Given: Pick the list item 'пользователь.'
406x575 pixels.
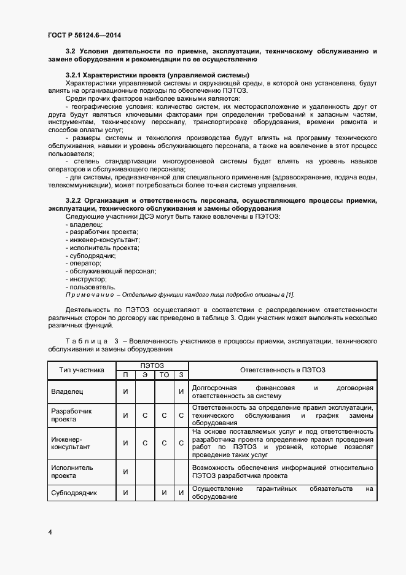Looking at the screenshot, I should click(90, 286).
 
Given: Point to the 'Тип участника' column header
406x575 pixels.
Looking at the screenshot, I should click(82, 370).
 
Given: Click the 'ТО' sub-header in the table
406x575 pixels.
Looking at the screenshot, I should click(164, 375).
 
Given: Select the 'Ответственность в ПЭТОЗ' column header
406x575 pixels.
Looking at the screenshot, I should click(283, 370).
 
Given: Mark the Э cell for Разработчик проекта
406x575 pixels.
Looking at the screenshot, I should click(145, 415).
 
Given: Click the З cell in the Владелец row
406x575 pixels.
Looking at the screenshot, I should click(181, 391).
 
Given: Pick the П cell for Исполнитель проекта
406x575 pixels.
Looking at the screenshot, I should click(125, 471).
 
